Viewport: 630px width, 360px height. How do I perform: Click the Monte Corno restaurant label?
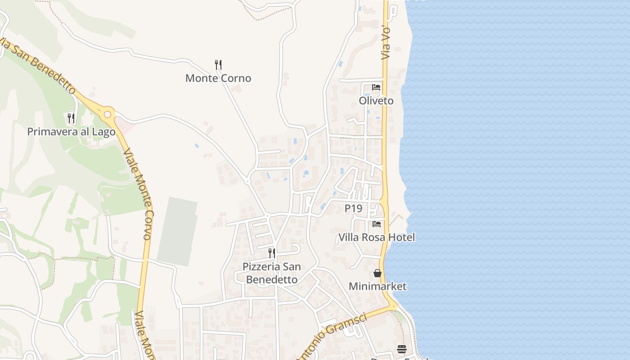coord(218,78)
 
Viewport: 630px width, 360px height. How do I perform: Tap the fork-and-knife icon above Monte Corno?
coord(218,64)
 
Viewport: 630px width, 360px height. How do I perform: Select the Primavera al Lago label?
coord(71,132)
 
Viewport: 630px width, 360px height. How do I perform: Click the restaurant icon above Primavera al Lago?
coord(71,118)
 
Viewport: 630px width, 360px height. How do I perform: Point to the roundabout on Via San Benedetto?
coord(107,114)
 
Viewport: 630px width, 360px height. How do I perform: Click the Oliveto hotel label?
coord(376,101)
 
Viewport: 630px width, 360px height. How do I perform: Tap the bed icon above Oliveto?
coord(376,87)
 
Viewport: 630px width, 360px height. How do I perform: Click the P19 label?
coord(353,208)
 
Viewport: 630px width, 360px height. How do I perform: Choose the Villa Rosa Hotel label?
coord(376,237)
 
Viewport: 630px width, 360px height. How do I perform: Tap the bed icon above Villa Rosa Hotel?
coord(377,224)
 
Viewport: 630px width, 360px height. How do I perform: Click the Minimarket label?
coord(378,286)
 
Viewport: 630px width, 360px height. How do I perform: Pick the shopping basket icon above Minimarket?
coord(378,273)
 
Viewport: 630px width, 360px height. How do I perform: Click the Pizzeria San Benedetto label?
coord(272,273)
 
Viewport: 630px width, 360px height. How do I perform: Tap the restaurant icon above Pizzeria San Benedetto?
coord(272,253)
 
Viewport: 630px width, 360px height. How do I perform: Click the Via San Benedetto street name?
coord(38,66)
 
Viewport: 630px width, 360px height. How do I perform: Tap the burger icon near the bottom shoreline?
coord(402,349)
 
